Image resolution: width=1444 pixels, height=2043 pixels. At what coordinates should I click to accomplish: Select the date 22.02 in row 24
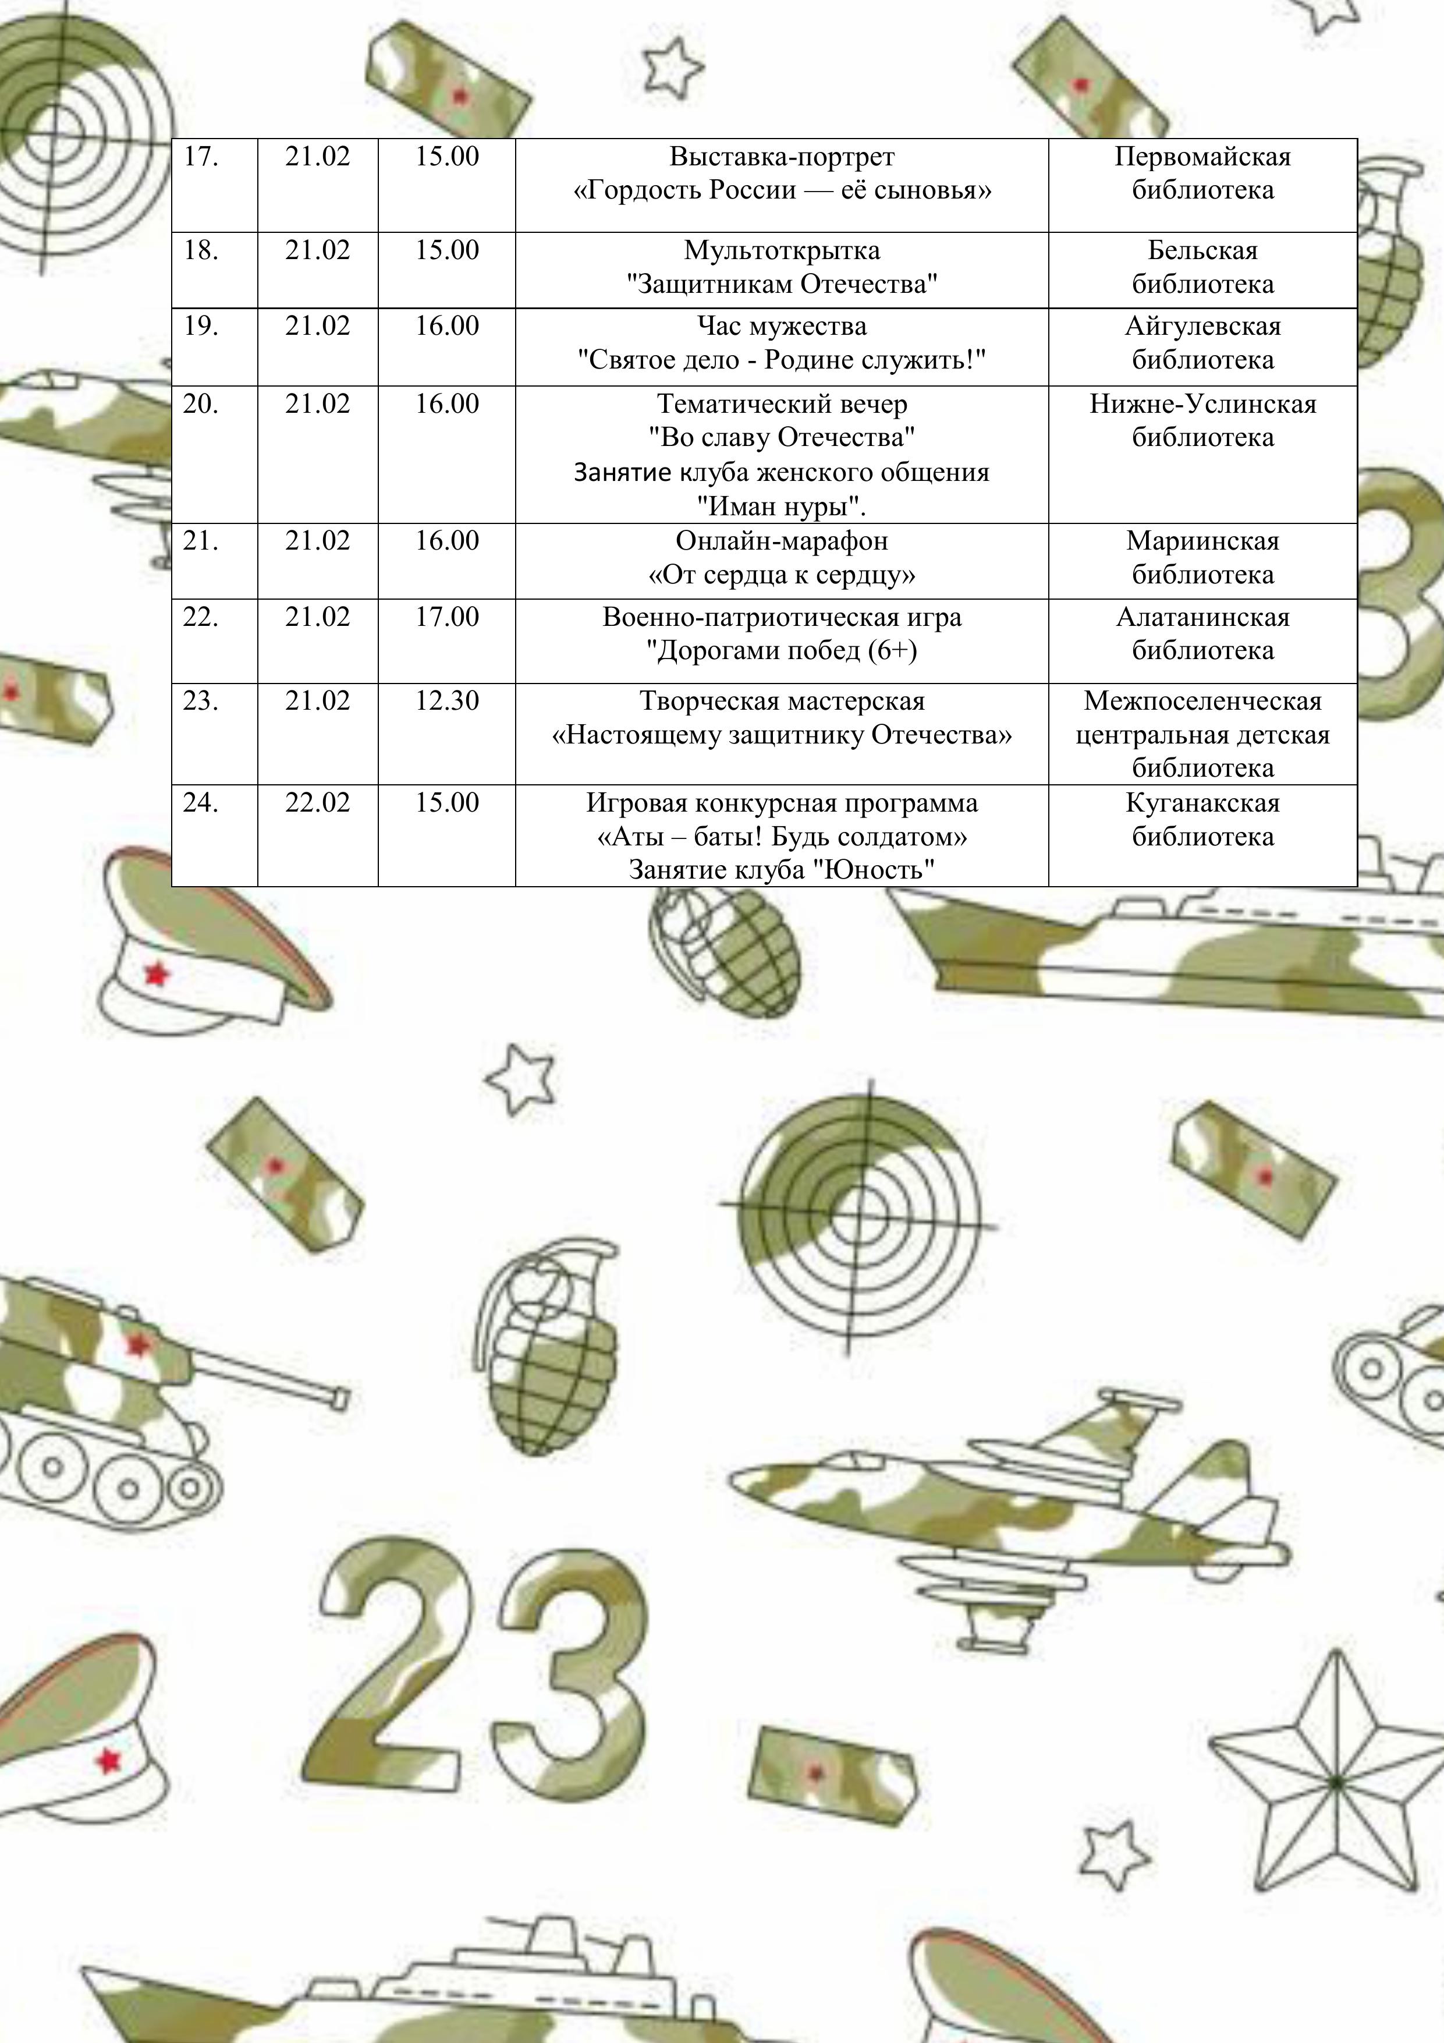click(x=318, y=803)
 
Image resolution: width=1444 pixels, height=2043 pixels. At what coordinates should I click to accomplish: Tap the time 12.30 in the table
click(x=446, y=701)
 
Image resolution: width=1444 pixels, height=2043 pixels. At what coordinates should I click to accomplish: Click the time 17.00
click(x=446, y=617)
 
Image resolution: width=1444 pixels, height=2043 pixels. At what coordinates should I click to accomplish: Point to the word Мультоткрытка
click(x=782, y=251)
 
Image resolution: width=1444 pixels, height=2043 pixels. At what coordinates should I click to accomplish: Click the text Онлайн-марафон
click(x=782, y=541)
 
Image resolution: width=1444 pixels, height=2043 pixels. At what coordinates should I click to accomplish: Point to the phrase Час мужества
click(x=782, y=327)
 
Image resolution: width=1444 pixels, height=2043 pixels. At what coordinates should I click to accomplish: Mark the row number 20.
click(x=200, y=404)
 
